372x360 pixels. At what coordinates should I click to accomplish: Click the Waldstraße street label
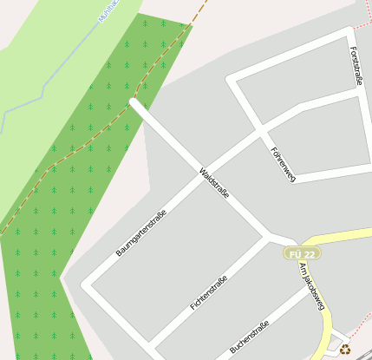214,184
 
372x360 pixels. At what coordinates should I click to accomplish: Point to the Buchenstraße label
249,337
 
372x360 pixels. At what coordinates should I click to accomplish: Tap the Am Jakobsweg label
311,285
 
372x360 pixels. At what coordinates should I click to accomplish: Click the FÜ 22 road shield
301,253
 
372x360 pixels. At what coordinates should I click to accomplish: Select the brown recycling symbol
345,350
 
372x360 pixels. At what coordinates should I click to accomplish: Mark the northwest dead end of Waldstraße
134,102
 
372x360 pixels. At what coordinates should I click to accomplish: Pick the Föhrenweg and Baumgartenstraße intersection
259,134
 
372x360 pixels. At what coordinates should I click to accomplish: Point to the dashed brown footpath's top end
206,3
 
